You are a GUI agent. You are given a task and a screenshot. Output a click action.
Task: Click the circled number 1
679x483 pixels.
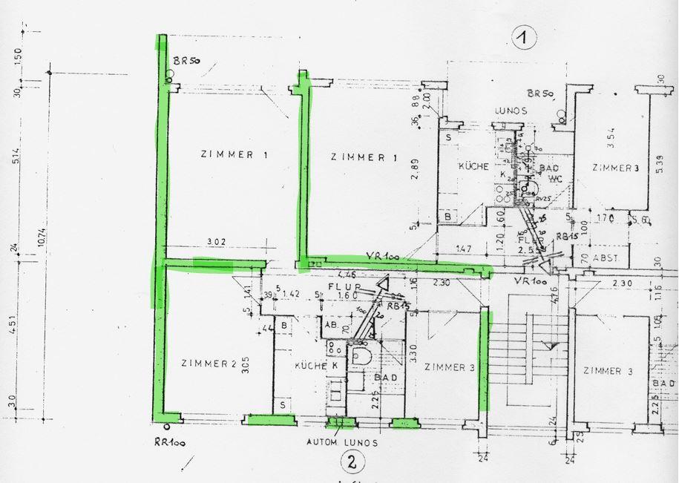pyautogui.click(x=525, y=38)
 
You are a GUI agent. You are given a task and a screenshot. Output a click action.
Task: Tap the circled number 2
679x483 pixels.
pyautogui.click(x=352, y=462)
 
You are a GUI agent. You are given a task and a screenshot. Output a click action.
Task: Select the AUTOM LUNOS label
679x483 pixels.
pyautogui.click(x=341, y=442)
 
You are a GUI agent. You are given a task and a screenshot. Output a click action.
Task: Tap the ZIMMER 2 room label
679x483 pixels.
pyautogui.click(x=209, y=364)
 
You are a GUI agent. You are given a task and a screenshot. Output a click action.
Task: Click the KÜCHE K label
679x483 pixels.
pyautogui.click(x=311, y=367)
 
